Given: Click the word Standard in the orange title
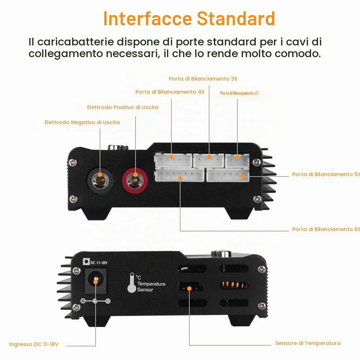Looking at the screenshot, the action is point(236,18).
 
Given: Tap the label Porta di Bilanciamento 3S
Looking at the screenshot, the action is point(203,79).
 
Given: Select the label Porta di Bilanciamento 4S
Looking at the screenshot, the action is point(170,92).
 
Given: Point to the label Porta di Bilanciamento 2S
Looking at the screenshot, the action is point(239,93).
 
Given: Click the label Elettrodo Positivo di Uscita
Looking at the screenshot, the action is point(123,107).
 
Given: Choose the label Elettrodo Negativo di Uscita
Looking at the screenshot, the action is point(82,122).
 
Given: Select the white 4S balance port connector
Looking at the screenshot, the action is point(174,160).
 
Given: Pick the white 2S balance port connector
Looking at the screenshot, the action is point(237,160).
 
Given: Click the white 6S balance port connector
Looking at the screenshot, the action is point(179,175).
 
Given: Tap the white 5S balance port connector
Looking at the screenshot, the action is point(228,175).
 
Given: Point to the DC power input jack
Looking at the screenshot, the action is point(96,281).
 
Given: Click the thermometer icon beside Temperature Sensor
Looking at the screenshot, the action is point(132,283).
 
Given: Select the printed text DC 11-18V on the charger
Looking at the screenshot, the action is point(99,263).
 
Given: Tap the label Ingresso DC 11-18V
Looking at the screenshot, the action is point(34,344).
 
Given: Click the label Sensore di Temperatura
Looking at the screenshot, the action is point(308,343).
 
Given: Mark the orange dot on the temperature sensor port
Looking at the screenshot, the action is point(189,288).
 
